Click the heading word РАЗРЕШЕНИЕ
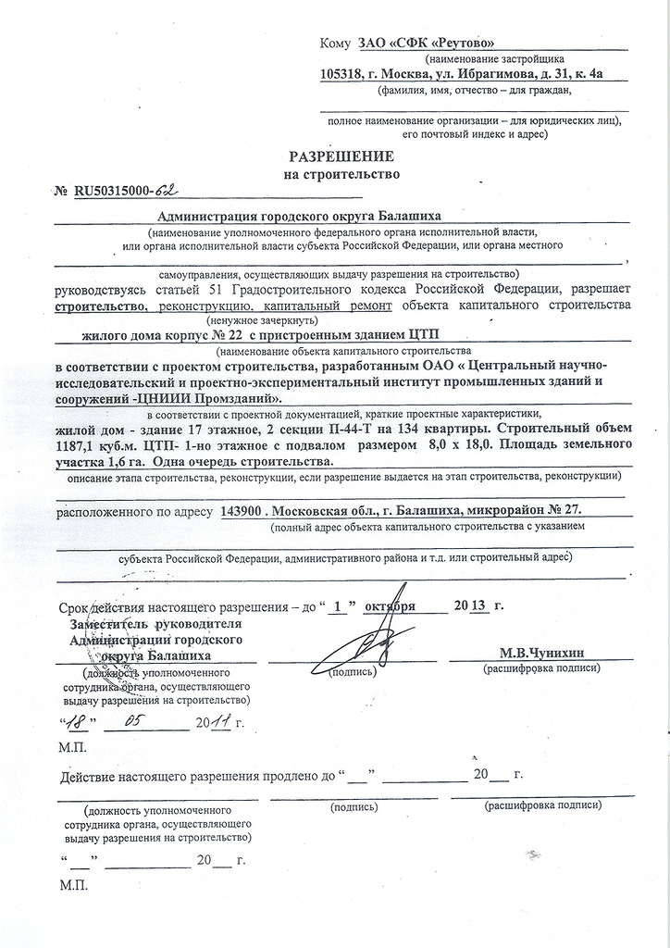coord(342,156)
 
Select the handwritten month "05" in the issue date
coord(140,721)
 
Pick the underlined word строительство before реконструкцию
coord(101,305)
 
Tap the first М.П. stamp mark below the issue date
coord(71,746)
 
